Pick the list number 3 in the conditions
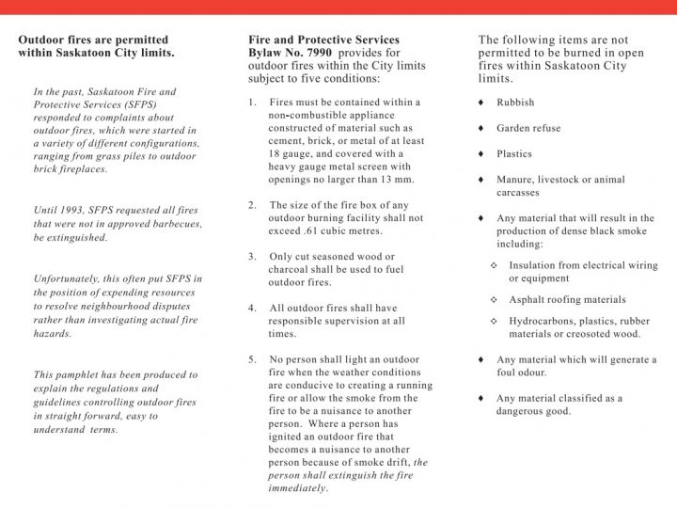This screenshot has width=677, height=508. pyautogui.click(x=252, y=256)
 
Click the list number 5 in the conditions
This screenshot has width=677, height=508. pyautogui.click(x=252, y=359)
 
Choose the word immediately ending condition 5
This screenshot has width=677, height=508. pyautogui.click(x=298, y=488)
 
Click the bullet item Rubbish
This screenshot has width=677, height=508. pyautogui.click(x=515, y=103)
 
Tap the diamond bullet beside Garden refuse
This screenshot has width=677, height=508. pyautogui.click(x=481, y=128)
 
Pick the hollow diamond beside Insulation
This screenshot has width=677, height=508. pyautogui.click(x=495, y=265)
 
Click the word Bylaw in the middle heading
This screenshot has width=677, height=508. pyautogui.click(x=267, y=53)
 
